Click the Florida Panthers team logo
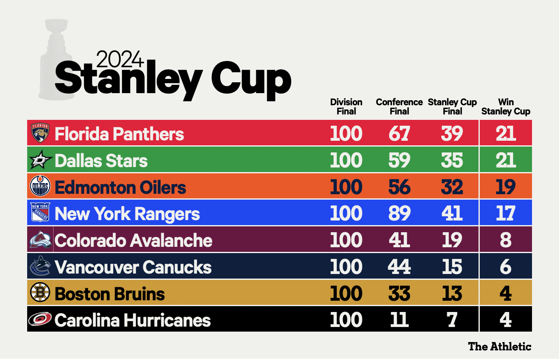coord(41,133)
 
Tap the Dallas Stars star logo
coord(41,160)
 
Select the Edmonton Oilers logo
coord(41,187)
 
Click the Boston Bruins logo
coord(41,293)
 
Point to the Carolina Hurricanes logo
coord(41,319)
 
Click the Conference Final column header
coord(399,107)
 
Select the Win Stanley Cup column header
coord(506,107)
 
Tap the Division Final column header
coord(346,107)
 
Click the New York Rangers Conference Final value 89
coord(399,213)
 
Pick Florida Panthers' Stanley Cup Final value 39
coord(452,134)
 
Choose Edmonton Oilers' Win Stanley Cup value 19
coord(506,187)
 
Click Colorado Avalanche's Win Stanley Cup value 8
coord(506,240)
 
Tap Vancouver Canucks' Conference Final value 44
coord(399,267)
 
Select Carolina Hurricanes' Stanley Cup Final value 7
coord(452,320)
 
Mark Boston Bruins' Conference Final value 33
coord(399,294)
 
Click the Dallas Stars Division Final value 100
coord(346,160)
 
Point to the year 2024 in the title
coord(120,59)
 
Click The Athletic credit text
coord(500,346)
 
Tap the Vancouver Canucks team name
coord(133,267)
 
